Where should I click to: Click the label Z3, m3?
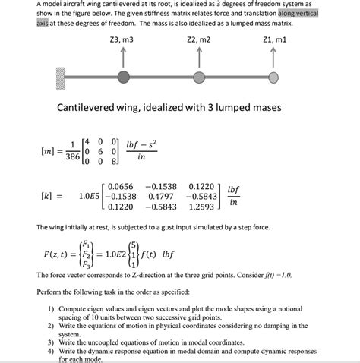[x=122, y=39]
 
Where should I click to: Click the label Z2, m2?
[x=198, y=39]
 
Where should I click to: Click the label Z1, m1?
[x=273, y=39]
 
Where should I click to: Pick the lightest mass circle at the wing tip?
[x=273, y=76]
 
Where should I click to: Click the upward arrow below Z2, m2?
[x=198, y=56]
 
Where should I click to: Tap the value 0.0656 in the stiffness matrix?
[x=121, y=185]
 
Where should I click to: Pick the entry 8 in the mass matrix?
[x=114, y=161]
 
